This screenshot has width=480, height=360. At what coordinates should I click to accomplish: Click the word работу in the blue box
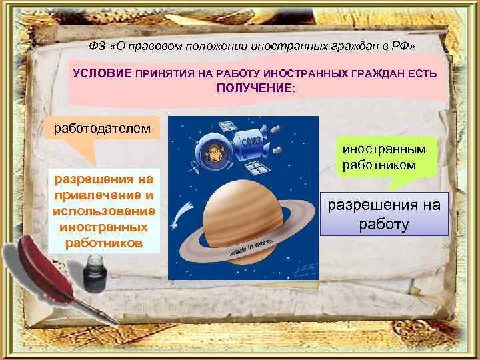click(x=384, y=225)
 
